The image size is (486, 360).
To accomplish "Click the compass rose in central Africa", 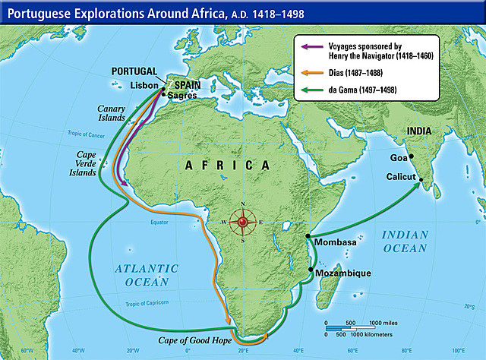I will [x=243, y=222].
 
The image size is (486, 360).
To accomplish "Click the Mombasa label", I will [x=335, y=243].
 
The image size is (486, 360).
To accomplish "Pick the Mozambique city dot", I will [x=311, y=270].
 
